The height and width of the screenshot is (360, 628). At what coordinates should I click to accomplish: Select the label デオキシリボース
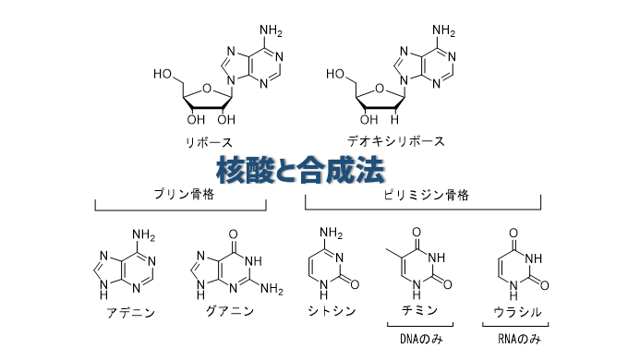point(396,141)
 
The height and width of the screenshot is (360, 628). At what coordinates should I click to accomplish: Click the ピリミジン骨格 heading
point(426,194)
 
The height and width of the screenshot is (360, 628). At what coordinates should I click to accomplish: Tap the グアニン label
point(230,311)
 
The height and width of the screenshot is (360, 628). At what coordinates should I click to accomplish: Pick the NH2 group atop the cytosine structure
point(332,232)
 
